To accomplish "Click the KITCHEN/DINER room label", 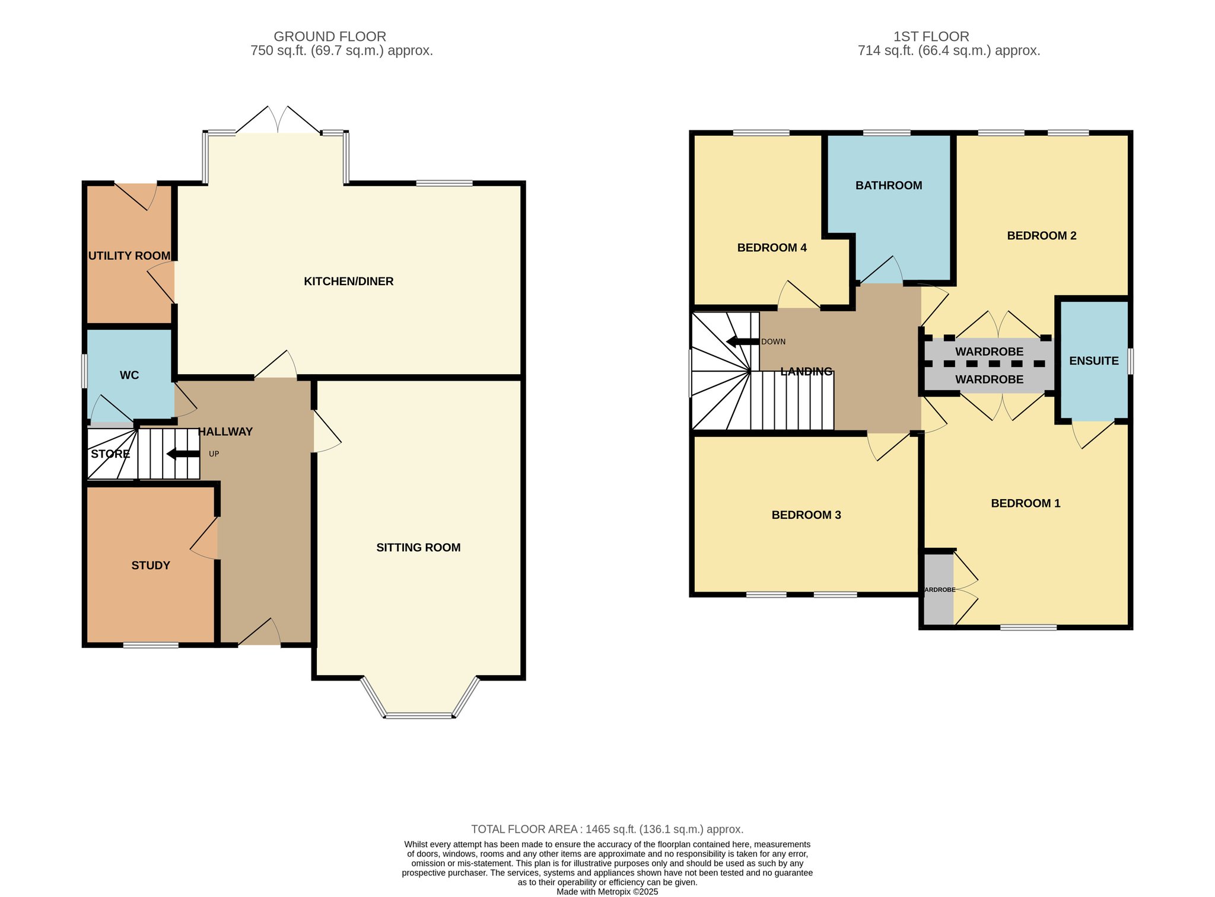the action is pos(349,282).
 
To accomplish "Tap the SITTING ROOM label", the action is pos(418,548).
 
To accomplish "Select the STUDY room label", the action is pos(151,566).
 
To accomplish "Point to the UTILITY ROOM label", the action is pos(129,256).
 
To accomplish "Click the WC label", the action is pos(129,375).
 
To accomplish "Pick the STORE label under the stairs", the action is pos(110,454).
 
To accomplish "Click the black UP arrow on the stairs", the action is pos(183,454).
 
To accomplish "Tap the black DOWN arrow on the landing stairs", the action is pos(743,341).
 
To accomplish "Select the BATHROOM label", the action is pos(889,186).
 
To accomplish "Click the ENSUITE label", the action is pos(1094,361).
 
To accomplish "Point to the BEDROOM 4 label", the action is pos(772,248).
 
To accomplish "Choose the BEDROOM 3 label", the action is pos(806,515).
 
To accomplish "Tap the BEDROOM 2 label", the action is pos(1042,236).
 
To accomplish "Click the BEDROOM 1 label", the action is pos(1026,503).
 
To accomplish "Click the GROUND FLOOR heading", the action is pos(330,37).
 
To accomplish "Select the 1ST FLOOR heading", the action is pos(931,37).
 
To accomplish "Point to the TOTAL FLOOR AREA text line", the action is pos(607,829).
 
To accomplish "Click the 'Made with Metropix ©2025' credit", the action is pos(607,892).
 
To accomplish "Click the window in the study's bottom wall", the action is pos(151,645).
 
